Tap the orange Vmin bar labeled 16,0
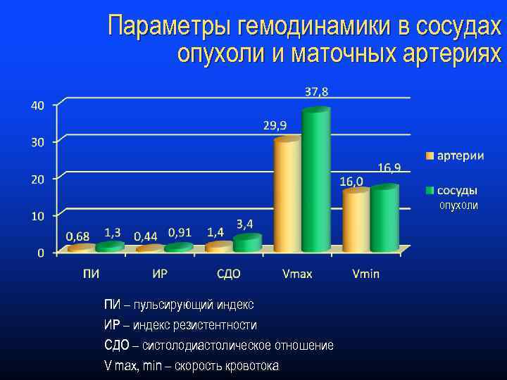(x=356, y=220)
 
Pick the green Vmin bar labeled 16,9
(x=384, y=218)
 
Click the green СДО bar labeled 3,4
(x=247, y=243)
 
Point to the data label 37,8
(x=316, y=91)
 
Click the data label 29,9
(x=275, y=125)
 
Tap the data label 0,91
(x=180, y=232)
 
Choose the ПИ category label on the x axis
(x=90, y=274)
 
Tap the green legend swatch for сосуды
(x=430, y=191)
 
